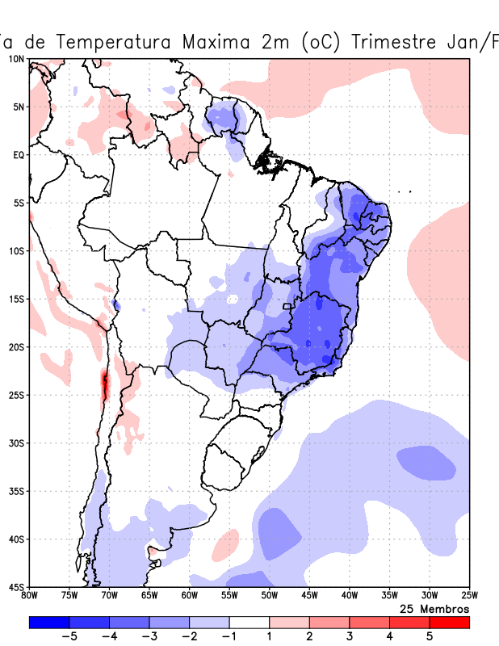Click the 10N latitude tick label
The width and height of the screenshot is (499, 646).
(16, 59)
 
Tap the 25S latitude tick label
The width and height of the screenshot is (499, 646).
(16, 395)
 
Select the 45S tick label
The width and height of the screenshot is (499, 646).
(16, 587)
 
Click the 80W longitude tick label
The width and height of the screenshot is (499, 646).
(29, 597)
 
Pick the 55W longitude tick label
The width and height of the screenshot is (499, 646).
(229, 597)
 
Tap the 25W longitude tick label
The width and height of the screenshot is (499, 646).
(469, 597)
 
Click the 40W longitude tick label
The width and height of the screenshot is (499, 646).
(350, 597)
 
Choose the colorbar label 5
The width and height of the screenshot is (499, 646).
(430, 636)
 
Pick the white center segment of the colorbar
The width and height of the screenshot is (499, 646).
(249, 623)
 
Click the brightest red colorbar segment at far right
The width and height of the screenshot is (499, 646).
(449, 623)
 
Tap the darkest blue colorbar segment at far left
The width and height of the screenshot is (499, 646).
(48, 623)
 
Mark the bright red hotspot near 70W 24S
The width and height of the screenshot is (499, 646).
(104, 383)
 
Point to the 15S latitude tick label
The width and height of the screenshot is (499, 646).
(16, 299)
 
